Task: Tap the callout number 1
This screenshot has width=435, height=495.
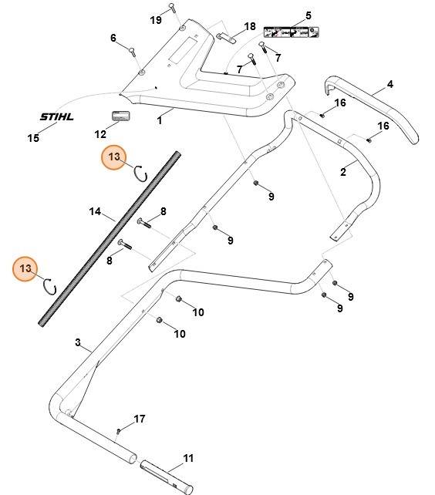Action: [160, 121]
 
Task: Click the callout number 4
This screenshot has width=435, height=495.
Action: [390, 84]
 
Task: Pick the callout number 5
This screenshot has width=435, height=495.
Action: [308, 15]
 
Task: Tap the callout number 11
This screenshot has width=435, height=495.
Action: [188, 458]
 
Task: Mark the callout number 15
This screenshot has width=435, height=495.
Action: [33, 139]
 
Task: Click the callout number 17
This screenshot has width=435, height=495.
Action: [140, 419]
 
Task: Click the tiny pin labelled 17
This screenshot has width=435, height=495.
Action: [118, 430]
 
